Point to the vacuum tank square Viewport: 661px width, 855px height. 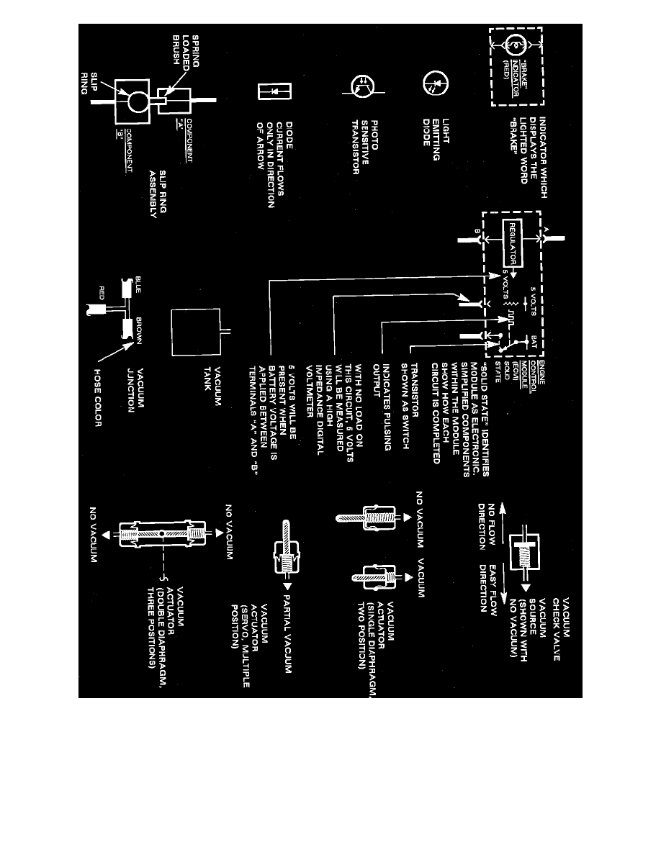pos(194,331)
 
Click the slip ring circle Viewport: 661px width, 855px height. pos(135,101)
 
